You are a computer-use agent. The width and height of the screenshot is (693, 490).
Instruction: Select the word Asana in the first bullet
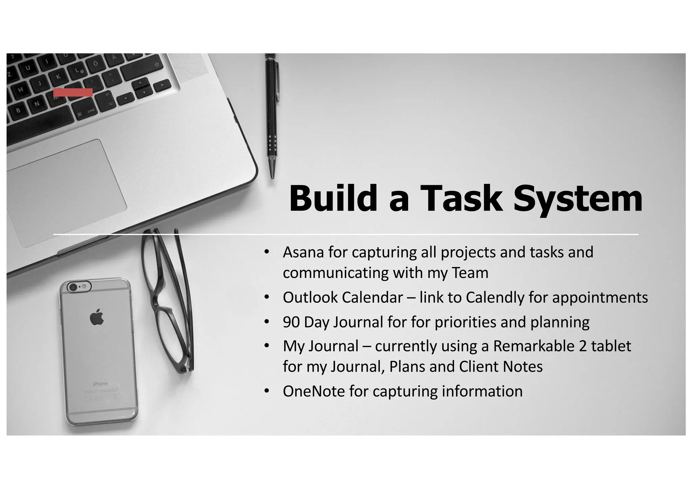pyautogui.click(x=303, y=252)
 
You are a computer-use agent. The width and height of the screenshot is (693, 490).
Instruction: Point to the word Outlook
pyautogui.click(x=310, y=297)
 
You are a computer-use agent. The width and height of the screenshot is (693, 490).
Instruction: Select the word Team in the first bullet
pyautogui.click(x=470, y=273)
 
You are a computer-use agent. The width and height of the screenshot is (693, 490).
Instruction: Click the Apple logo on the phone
pyautogui.click(x=97, y=317)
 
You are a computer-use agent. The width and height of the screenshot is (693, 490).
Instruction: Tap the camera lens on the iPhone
pyautogui.click(x=73, y=287)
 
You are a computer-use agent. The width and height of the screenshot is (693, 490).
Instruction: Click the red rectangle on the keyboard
pyautogui.click(x=73, y=92)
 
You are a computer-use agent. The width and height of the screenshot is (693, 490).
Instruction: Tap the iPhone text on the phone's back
pyautogui.click(x=100, y=384)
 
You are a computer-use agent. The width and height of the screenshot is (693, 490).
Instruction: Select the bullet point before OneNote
pyautogui.click(x=267, y=391)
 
